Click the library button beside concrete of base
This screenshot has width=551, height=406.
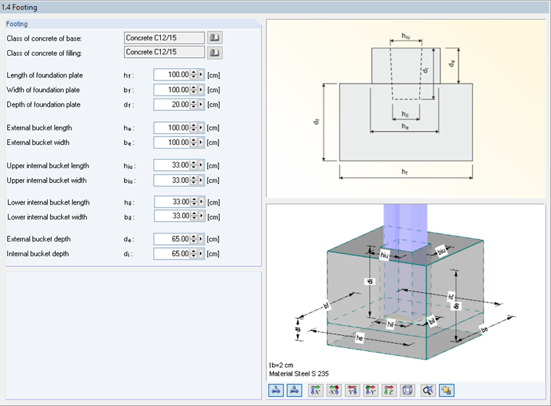[x=215, y=38]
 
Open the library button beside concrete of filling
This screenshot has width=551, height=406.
[x=215, y=53]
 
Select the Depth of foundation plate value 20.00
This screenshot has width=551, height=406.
[x=171, y=104]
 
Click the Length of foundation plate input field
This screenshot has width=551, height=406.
[x=171, y=75]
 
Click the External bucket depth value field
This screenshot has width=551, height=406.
[x=171, y=239]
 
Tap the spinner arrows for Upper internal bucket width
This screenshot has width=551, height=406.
[x=193, y=180]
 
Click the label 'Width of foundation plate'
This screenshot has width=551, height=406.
[x=43, y=90]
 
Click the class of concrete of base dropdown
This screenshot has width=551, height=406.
[x=164, y=38]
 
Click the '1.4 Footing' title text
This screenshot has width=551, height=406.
[x=20, y=7]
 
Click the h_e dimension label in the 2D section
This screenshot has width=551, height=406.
[x=405, y=125]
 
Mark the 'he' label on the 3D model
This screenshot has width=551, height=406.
[x=360, y=337]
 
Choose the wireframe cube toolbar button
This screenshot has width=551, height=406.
[x=407, y=391]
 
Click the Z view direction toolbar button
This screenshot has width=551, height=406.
[x=388, y=391]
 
